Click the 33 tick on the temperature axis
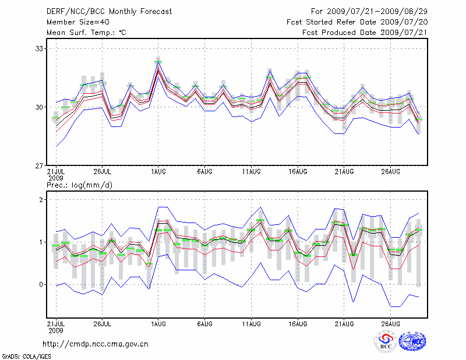pos(40,48)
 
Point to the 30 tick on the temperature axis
pos(40,107)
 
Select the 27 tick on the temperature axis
pos(40,166)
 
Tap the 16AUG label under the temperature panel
pos(298,172)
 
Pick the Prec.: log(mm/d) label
pos(79,185)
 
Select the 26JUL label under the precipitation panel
pos(102,322)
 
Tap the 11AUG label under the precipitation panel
pos(251,322)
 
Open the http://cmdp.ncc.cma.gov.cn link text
pos(96,344)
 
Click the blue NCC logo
pos(413,342)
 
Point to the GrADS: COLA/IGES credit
pos(26,355)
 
